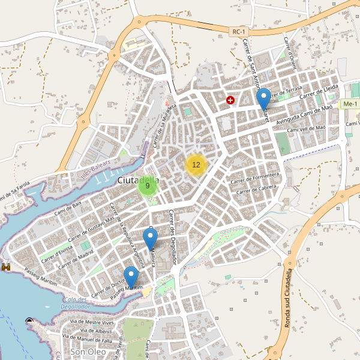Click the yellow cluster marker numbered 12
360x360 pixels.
point(196,164)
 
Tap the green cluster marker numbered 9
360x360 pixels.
point(148,186)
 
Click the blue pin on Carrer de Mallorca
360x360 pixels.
point(150,238)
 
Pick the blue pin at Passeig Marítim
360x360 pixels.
point(130,277)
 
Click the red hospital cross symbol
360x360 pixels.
point(230,100)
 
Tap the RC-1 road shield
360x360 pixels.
point(239,31)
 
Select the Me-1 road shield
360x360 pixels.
point(349,104)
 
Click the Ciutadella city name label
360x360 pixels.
point(139,181)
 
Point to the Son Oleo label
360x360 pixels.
point(88,352)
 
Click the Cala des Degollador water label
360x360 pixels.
point(75,303)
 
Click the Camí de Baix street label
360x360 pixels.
point(68,208)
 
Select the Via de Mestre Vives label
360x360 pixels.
point(92,322)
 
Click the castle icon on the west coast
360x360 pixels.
point(7,266)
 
